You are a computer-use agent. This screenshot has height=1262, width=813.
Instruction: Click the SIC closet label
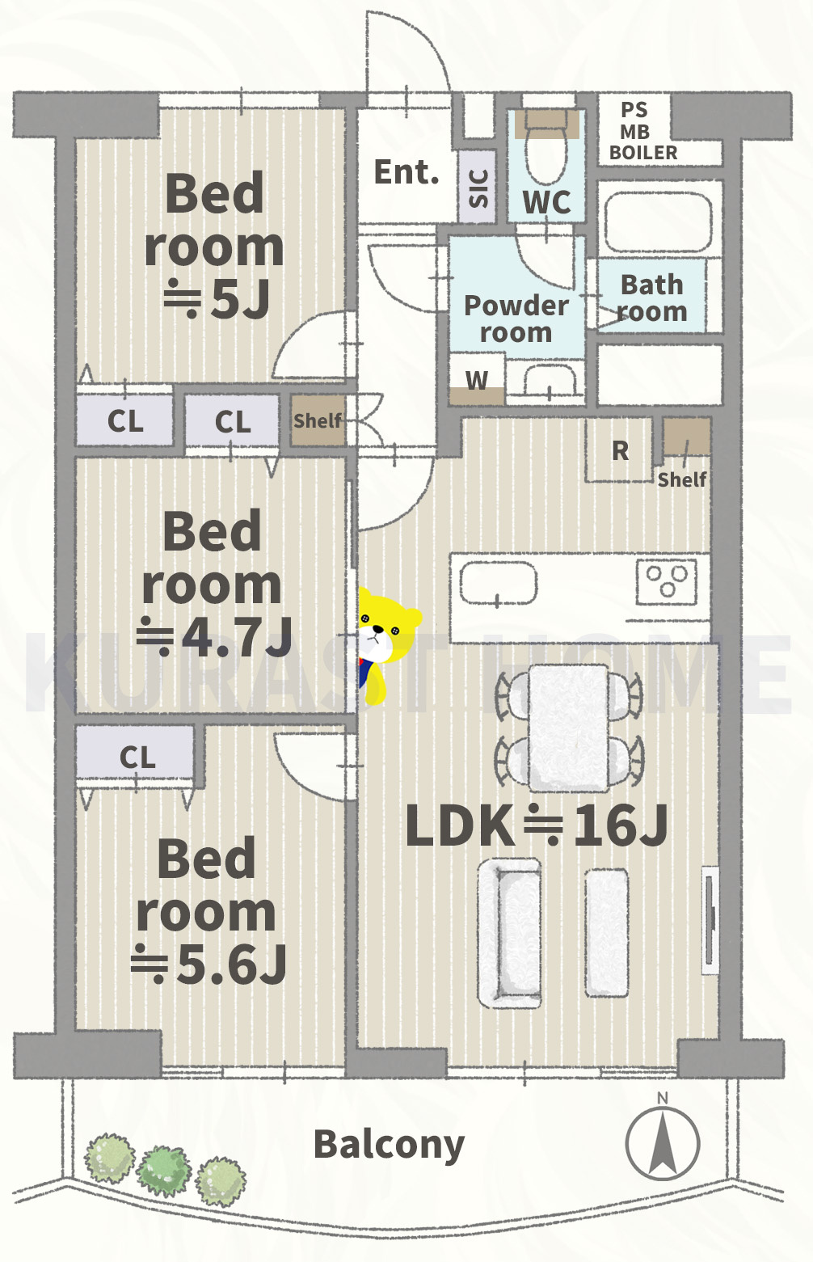click(478, 188)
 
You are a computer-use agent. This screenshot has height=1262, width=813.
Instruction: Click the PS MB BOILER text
click(643, 131)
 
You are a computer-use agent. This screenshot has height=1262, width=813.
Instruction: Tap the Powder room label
click(516, 319)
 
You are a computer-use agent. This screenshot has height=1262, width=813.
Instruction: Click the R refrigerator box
click(619, 450)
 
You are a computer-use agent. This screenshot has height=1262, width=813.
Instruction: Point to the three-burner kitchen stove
click(667, 582)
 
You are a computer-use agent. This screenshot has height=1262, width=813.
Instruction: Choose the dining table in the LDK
click(569, 728)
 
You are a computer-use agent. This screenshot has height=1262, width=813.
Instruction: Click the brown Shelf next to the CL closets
click(318, 420)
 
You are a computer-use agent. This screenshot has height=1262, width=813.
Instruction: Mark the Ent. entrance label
click(406, 172)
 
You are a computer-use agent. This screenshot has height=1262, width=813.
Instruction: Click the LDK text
click(459, 825)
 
